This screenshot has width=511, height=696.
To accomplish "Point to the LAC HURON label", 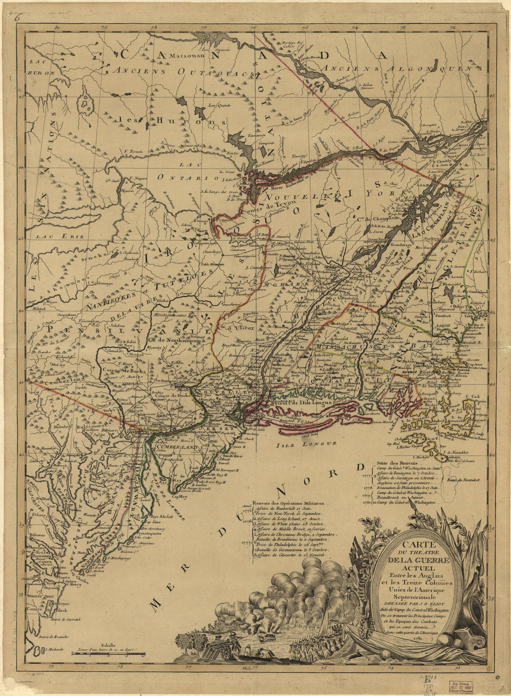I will pyautogui.click(x=40, y=67).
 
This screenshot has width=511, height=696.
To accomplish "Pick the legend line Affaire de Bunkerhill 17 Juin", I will pyautogui.click(x=289, y=509).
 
